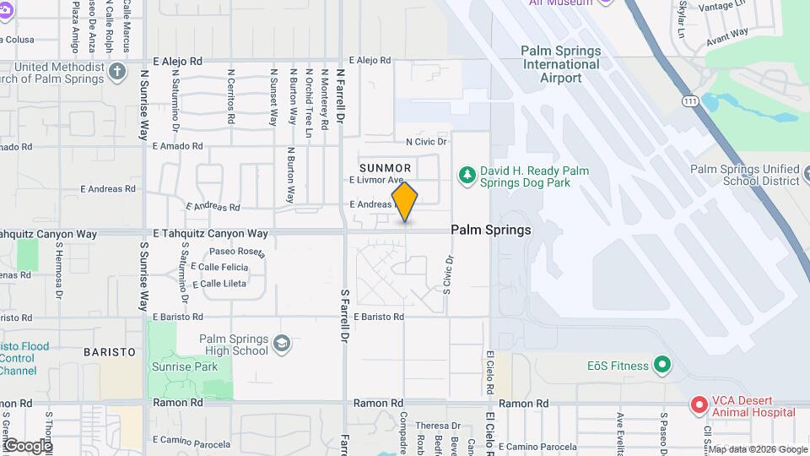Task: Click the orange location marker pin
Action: pos(405,202)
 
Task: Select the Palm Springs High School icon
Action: pos(282,345)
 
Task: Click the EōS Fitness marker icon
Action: pos(663,366)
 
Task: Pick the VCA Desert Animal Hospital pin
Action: pos(699,405)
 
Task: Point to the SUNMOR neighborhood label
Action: pos(385,168)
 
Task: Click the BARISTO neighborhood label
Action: pos(110,351)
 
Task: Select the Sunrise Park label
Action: pos(185,366)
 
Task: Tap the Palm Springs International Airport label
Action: pos(561,64)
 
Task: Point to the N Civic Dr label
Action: pos(427,142)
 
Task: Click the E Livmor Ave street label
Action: pos(376,180)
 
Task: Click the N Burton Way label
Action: pos(290,176)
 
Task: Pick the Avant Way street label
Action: pos(727,34)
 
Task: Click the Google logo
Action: pos(27,445)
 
